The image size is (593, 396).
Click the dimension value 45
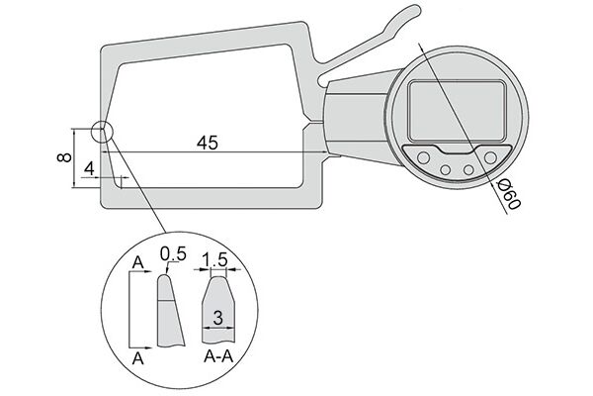[x=208, y=143]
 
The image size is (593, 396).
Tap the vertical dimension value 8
[x=64, y=157]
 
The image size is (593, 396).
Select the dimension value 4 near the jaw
[x=89, y=168]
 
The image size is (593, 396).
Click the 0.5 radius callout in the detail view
[x=173, y=253]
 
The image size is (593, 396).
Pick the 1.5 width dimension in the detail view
[x=214, y=260]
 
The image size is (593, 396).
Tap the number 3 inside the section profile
[x=217, y=318]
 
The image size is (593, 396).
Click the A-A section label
[x=218, y=356]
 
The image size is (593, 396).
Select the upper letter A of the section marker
[x=138, y=262]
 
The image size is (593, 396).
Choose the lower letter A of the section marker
[x=138, y=358]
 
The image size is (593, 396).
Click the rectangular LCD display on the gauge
[x=457, y=111]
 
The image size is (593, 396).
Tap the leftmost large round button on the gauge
[x=423, y=157]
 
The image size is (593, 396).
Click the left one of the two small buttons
[x=445, y=169]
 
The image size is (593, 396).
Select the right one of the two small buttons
[x=468, y=169]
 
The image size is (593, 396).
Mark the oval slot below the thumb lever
[x=323, y=80]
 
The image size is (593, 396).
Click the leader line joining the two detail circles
[x=137, y=186]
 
